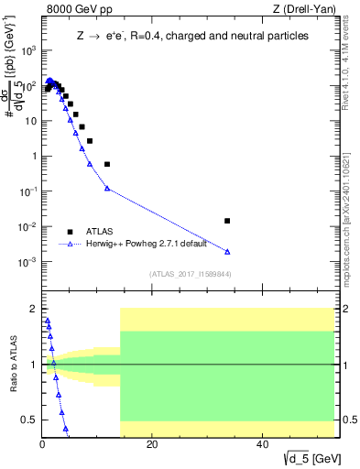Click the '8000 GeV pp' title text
[x=73, y=9]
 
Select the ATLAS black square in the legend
[x=70, y=231]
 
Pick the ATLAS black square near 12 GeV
[x=107, y=164]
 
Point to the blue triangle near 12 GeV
[x=107, y=189]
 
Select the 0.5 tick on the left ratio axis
[x=29, y=420]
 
